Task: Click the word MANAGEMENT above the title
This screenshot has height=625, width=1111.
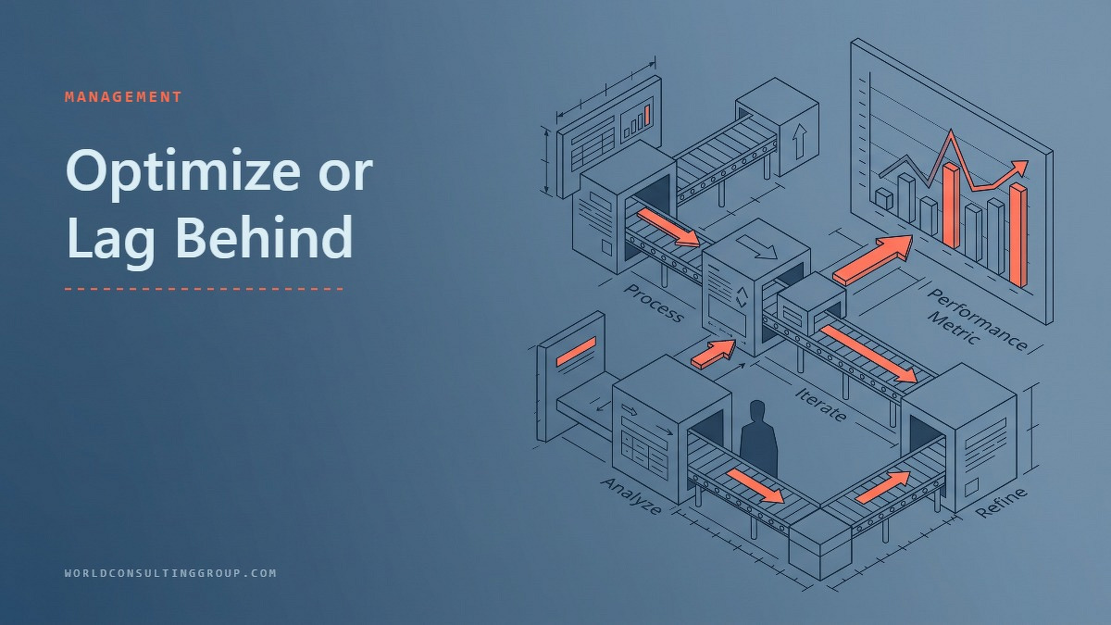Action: click(x=123, y=96)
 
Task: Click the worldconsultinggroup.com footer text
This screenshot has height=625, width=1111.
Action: click(x=170, y=573)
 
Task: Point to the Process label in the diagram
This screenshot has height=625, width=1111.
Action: click(x=654, y=303)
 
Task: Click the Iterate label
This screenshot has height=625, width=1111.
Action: click(x=821, y=405)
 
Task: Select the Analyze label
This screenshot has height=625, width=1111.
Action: click(x=631, y=496)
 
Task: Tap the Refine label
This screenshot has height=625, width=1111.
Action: click(x=1002, y=503)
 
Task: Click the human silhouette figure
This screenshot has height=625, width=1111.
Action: click(x=758, y=439)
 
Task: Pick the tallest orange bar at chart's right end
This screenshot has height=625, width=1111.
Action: click(x=1018, y=235)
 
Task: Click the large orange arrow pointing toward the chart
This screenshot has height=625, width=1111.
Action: click(x=873, y=260)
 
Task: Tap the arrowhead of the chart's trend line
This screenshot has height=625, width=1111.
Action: click(x=1020, y=167)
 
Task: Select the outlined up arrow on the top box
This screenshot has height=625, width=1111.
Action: click(x=799, y=142)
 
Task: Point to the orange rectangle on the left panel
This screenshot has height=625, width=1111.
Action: click(x=576, y=351)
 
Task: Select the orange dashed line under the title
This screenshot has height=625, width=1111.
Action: click(x=205, y=288)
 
